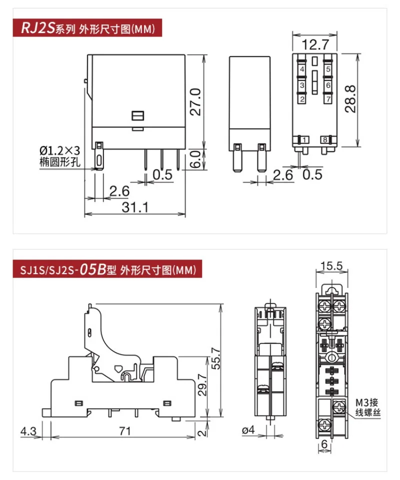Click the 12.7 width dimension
315,44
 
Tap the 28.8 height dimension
350,99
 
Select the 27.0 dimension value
195,102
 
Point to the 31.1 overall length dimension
135,207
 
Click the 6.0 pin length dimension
195,159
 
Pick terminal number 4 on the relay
302,69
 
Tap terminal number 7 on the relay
328,99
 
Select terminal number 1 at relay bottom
304,140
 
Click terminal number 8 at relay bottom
325,140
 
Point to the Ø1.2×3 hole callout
59,150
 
